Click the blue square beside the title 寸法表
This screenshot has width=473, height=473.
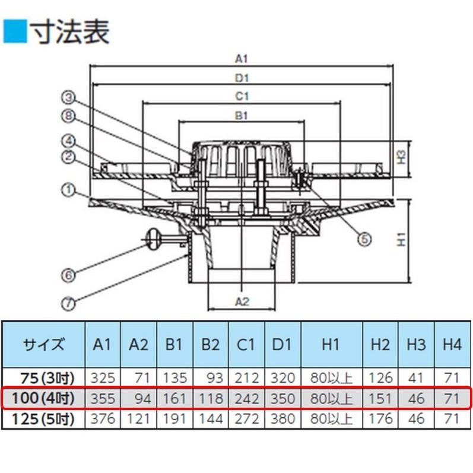pyautogui.click(x=15, y=31)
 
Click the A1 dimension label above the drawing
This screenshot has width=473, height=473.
pyautogui.click(x=242, y=59)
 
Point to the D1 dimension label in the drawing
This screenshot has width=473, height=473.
pyautogui.click(x=242, y=78)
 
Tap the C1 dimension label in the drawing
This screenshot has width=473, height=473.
pyautogui.click(x=242, y=96)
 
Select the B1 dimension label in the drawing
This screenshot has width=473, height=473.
pyautogui.click(x=242, y=115)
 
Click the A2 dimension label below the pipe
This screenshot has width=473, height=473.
pyautogui.click(x=242, y=301)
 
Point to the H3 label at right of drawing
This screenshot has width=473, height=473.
pyautogui.click(x=402, y=157)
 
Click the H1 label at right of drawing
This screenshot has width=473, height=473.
pyautogui.click(x=402, y=239)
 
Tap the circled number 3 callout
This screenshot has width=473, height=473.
pyautogui.click(x=68, y=97)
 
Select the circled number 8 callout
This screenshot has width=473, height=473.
pyautogui.click(x=68, y=116)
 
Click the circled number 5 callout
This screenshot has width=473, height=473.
pyautogui.click(x=364, y=239)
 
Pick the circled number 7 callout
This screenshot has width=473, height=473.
pyautogui.click(x=68, y=303)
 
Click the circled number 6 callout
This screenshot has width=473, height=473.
pyautogui.click(x=68, y=275)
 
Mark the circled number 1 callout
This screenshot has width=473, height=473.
pyautogui.click(x=68, y=190)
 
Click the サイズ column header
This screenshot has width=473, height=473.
pyautogui.click(x=44, y=344)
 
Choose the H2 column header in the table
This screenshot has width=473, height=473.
pyautogui.click(x=380, y=344)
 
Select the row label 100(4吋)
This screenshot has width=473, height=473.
pyautogui.click(x=43, y=398)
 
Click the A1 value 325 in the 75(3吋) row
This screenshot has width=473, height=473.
pyautogui.click(x=103, y=378)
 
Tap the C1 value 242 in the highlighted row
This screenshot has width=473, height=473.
pyautogui.click(x=247, y=398)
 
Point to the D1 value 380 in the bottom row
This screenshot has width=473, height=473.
pyautogui.click(x=282, y=419)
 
